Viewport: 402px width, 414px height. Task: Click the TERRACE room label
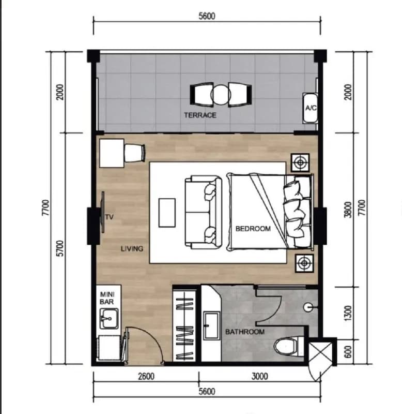[200, 115]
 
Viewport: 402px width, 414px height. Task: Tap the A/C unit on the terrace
[310, 108]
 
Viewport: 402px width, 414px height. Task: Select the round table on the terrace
[221, 95]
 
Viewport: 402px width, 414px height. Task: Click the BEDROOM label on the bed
[253, 228]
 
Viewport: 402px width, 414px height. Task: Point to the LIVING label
[132, 249]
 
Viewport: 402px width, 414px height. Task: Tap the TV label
[109, 217]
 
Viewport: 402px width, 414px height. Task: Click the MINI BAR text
[107, 298]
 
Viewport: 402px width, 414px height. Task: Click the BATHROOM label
[245, 332]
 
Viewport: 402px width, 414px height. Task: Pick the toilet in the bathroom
[288, 346]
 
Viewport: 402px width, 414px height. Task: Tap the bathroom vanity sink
[211, 326]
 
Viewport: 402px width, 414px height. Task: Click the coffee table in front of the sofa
[167, 213]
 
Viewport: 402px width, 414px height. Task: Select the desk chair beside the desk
[135, 153]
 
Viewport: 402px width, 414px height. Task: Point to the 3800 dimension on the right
[348, 210]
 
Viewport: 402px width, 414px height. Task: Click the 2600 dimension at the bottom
[146, 376]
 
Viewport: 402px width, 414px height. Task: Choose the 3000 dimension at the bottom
[260, 376]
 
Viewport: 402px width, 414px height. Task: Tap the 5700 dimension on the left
[60, 248]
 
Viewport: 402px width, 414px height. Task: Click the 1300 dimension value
[348, 314]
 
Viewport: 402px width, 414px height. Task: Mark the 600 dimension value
[348, 352]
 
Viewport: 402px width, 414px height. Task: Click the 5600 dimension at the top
[207, 17]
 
